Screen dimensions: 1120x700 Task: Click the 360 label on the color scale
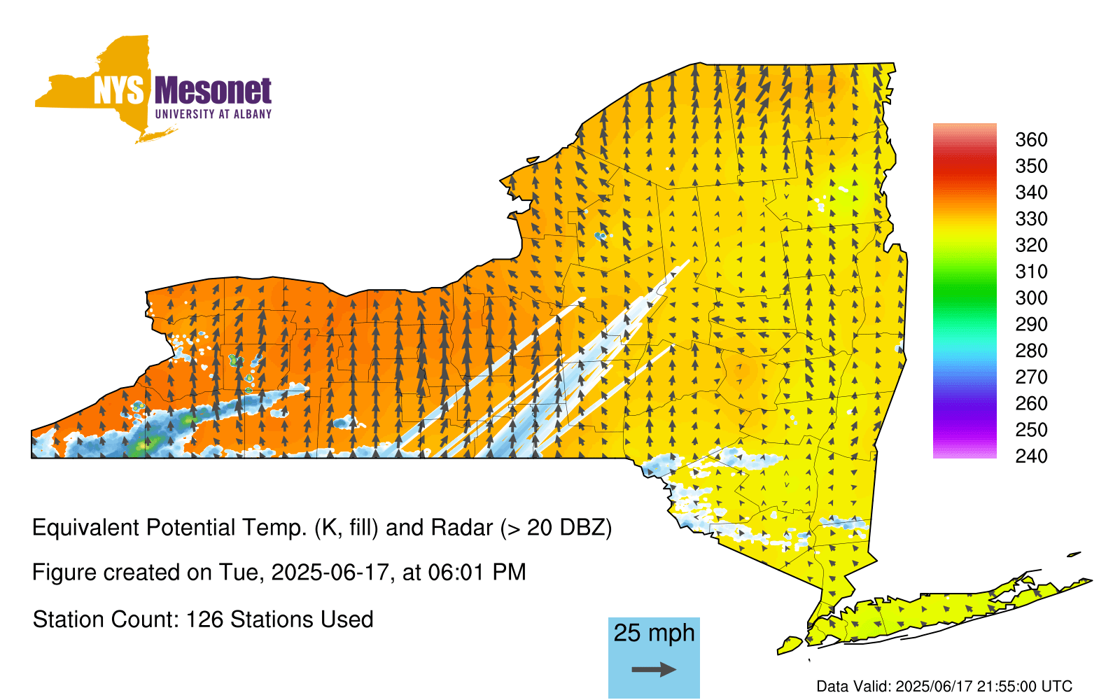(1031, 139)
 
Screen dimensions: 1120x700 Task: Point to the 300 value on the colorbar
(1031, 298)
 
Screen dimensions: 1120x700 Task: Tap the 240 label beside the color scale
(1031, 456)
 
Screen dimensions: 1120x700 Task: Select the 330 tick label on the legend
(1031, 218)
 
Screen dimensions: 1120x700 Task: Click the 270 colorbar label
(1031, 377)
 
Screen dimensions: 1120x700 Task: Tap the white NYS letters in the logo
(118, 90)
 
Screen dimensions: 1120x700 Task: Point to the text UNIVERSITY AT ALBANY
(213, 114)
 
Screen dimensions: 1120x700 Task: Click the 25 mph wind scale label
(654, 633)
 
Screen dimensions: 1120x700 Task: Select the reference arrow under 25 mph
(654, 669)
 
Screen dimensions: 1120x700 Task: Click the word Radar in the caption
(462, 528)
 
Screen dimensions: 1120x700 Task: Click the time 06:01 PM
(477, 573)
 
